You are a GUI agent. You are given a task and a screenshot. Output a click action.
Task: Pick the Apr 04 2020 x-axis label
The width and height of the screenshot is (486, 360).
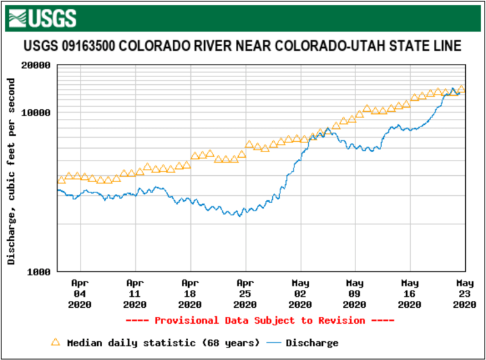81,293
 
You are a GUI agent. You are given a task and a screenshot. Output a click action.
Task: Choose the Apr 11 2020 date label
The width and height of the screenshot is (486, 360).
135,293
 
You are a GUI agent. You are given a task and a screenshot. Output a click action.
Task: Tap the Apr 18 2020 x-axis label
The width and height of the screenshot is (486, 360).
190,293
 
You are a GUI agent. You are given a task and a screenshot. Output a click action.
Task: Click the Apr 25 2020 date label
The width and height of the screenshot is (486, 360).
245,293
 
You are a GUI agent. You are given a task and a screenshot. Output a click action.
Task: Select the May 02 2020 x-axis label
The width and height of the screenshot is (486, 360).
300,293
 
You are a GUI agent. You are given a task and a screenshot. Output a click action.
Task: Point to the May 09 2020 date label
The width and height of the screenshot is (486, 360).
355,293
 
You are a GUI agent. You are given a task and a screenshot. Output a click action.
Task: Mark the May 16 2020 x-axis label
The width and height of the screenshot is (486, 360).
410,293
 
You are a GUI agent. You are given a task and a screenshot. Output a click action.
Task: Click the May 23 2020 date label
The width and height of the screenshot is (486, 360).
464,293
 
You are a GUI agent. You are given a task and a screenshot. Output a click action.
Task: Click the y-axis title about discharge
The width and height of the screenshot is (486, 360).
11,171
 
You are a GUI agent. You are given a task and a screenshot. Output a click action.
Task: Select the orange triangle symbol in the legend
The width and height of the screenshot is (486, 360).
56,342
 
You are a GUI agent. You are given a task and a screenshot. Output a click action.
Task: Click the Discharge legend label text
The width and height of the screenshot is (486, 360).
312,343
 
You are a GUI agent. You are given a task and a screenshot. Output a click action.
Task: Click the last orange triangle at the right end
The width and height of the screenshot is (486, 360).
461,89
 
